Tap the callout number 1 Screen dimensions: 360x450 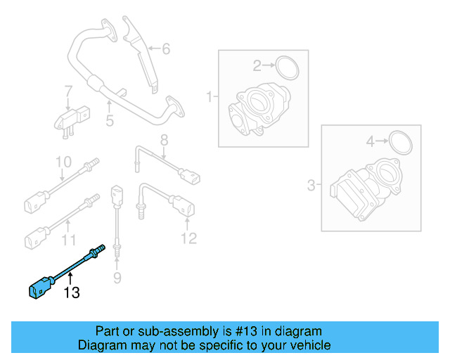(x=209, y=96)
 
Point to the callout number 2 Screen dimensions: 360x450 (x=257, y=66)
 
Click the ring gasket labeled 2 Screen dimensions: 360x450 (x=287, y=67)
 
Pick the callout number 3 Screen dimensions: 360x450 (x=311, y=186)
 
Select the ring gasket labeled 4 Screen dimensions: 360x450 (x=400, y=142)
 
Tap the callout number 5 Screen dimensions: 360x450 (x=110, y=122)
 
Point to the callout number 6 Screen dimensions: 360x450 (x=166, y=49)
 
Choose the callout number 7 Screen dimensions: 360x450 (x=68, y=91)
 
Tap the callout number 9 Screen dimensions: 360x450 (x=117, y=280)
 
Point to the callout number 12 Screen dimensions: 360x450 (x=188, y=239)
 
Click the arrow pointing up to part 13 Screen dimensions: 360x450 (x=70, y=278)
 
